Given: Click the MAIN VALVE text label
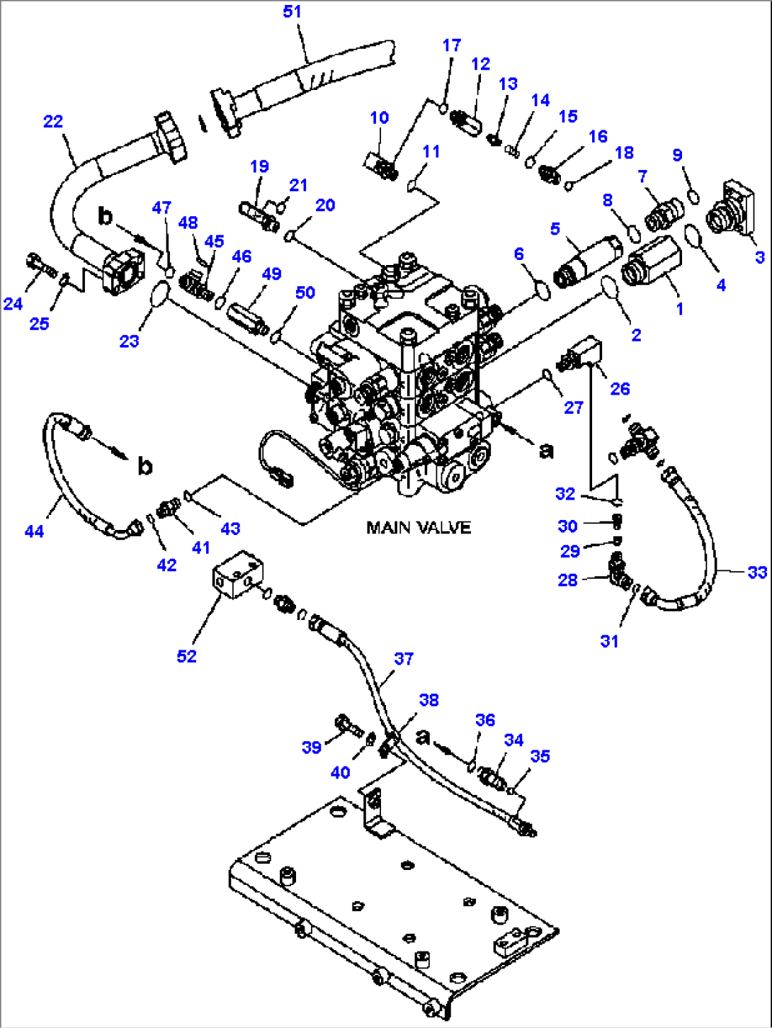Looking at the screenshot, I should tap(418, 528).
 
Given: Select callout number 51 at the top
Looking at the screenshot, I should tap(292, 12).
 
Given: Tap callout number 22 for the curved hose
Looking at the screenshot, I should tap(53, 122).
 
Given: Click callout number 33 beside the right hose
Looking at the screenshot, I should tap(756, 572).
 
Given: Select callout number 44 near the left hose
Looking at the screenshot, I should tap(34, 531).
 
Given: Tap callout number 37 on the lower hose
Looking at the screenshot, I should tap(404, 659).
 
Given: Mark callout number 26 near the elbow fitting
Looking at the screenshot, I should tap(620, 388).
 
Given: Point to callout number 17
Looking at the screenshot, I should tap(451, 45).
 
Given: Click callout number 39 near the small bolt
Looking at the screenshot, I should tap(312, 747).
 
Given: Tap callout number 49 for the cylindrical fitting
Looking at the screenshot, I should tap(271, 274).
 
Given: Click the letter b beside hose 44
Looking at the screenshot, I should tap(144, 466).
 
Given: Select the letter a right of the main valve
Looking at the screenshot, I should tap(546, 450).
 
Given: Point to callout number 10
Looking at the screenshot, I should tap(380, 118).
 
